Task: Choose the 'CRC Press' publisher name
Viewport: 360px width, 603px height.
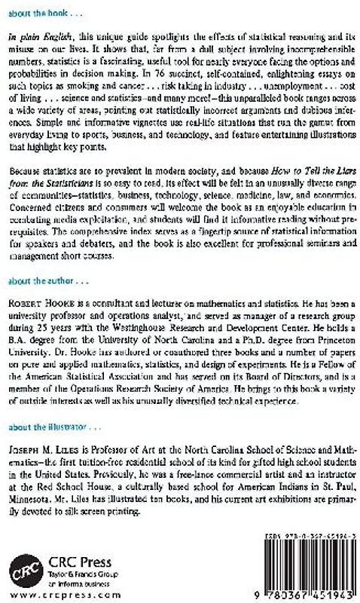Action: click(x=76, y=560)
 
